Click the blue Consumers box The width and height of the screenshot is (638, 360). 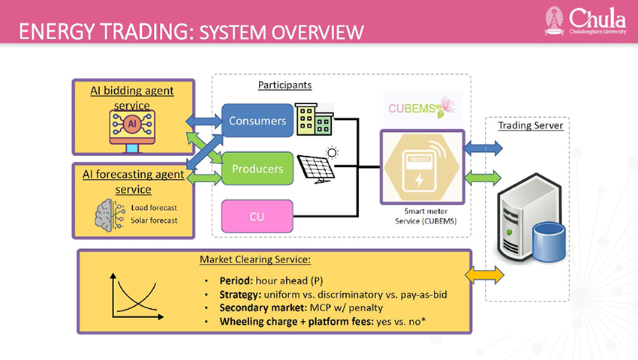[257, 121]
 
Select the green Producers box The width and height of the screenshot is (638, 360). [257, 169]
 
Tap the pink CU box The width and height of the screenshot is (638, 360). [257, 217]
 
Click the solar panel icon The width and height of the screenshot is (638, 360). [317, 165]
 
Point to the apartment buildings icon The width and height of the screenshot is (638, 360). [314, 119]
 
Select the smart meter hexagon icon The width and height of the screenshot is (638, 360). [422, 167]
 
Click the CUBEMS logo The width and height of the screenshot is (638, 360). [423, 108]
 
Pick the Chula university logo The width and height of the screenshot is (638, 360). [585, 20]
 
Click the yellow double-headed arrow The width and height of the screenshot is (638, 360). [484, 275]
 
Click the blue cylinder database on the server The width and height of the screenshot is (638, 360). [549, 242]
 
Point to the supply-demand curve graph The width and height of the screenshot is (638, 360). [137, 296]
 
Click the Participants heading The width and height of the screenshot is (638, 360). [284, 85]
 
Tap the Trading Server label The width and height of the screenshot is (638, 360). [531, 125]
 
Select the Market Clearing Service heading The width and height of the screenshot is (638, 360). [255, 259]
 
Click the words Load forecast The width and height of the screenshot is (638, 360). [154, 208]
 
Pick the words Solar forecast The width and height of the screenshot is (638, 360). [154, 220]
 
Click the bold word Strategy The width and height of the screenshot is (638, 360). [240, 295]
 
